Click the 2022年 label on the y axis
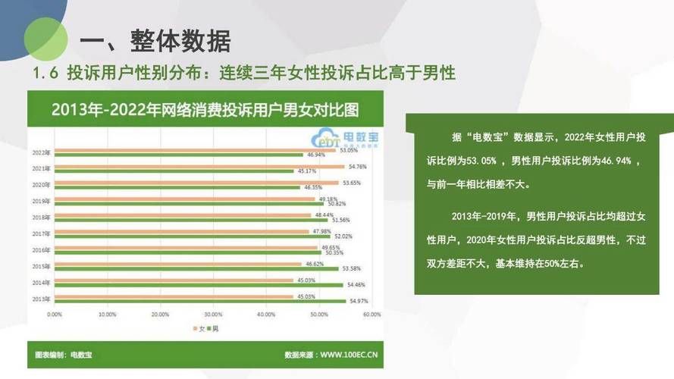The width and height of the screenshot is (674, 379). pyautogui.click(x=41, y=152)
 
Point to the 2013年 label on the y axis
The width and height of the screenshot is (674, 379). pyautogui.click(x=41, y=299)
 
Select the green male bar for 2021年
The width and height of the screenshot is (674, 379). pyautogui.click(x=174, y=171)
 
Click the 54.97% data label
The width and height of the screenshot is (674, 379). pyautogui.click(x=358, y=302)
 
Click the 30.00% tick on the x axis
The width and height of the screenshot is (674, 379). pyautogui.click(x=213, y=314)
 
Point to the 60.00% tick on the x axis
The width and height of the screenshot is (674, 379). pyautogui.click(x=371, y=314)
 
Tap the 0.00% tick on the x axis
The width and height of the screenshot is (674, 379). pyautogui.click(x=55, y=314)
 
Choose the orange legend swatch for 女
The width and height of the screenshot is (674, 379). pyautogui.click(x=195, y=327)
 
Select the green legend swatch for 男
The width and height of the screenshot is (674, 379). pyautogui.click(x=208, y=327)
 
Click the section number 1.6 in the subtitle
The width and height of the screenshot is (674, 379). pyautogui.click(x=45, y=74)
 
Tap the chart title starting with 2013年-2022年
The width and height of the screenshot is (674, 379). pyautogui.click(x=205, y=108)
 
